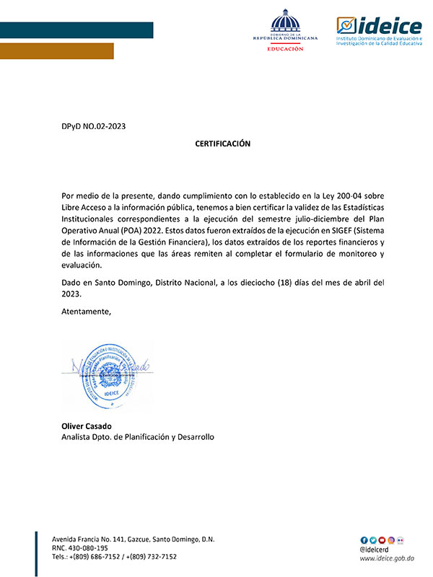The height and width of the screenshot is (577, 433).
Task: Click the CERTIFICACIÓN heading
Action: click(222, 144)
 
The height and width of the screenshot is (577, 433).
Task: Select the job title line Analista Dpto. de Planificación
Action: click(138, 437)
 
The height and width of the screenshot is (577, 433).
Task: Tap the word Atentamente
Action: click(87, 312)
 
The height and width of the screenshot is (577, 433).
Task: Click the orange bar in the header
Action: click(57, 50)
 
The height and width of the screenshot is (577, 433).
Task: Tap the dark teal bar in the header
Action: click(76, 30)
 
